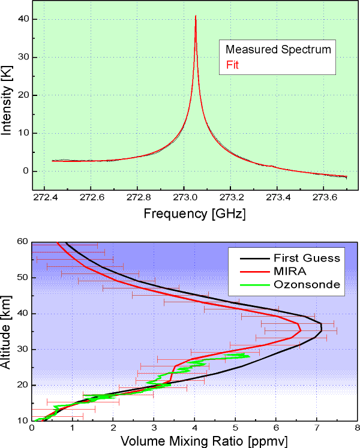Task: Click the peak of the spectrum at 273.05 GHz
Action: pos(196,17)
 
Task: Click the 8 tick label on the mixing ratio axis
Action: pos(357,428)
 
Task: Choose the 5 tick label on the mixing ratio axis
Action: pos(235,428)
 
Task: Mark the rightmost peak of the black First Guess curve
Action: pos(322,328)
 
